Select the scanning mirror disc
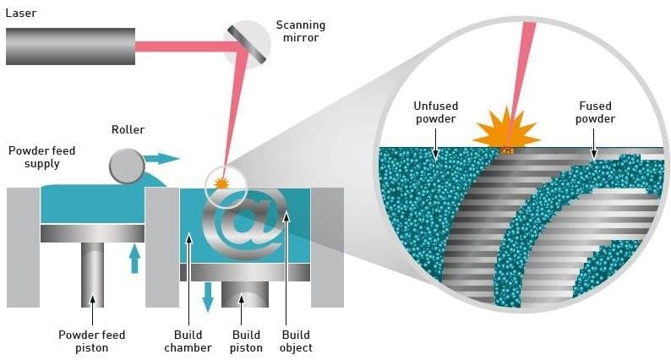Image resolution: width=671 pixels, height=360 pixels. coord(247,44)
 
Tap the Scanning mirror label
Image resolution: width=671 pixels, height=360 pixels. coord(301,31)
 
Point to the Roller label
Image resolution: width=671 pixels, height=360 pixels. coord(128,130)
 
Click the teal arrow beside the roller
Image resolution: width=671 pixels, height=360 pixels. coord(163,158)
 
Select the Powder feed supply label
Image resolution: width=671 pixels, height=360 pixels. coord(41,157)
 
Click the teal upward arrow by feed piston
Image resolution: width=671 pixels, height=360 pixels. coord(134,259)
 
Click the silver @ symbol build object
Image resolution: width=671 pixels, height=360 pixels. coord(245,224)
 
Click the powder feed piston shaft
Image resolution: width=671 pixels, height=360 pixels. coord(92,275)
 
